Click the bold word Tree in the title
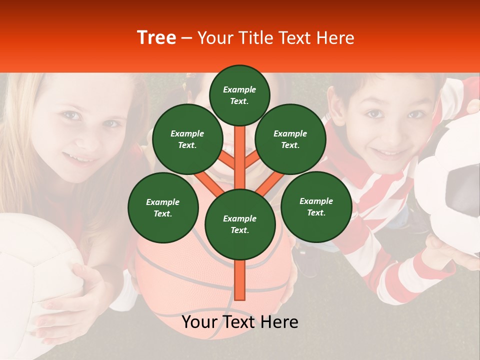(x=156, y=38)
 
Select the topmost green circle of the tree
(x=239, y=95)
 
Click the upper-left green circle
(x=187, y=139)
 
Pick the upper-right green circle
(x=290, y=139)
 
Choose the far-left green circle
(x=162, y=207)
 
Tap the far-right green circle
(x=316, y=206)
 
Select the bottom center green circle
(x=239, y=224)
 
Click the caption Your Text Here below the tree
(x=240, y=322)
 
